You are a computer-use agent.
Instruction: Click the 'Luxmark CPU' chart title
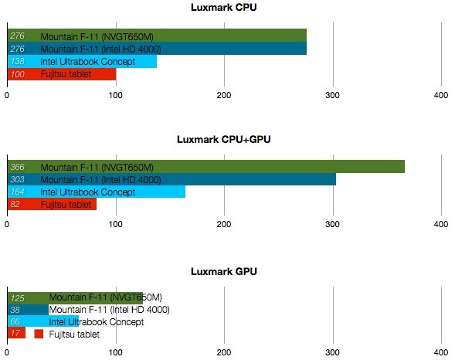[x=224, y=8]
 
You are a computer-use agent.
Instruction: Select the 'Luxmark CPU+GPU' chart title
[x=224, y=140]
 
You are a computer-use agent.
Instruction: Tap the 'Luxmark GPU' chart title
[x=224, y=272]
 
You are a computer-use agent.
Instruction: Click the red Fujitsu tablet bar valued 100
[x=62, y=74]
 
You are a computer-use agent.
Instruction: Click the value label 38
[x=15, y=310]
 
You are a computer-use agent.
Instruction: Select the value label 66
[x=15, y=322]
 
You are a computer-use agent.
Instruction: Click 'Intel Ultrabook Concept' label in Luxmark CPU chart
[x=76, y=61]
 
